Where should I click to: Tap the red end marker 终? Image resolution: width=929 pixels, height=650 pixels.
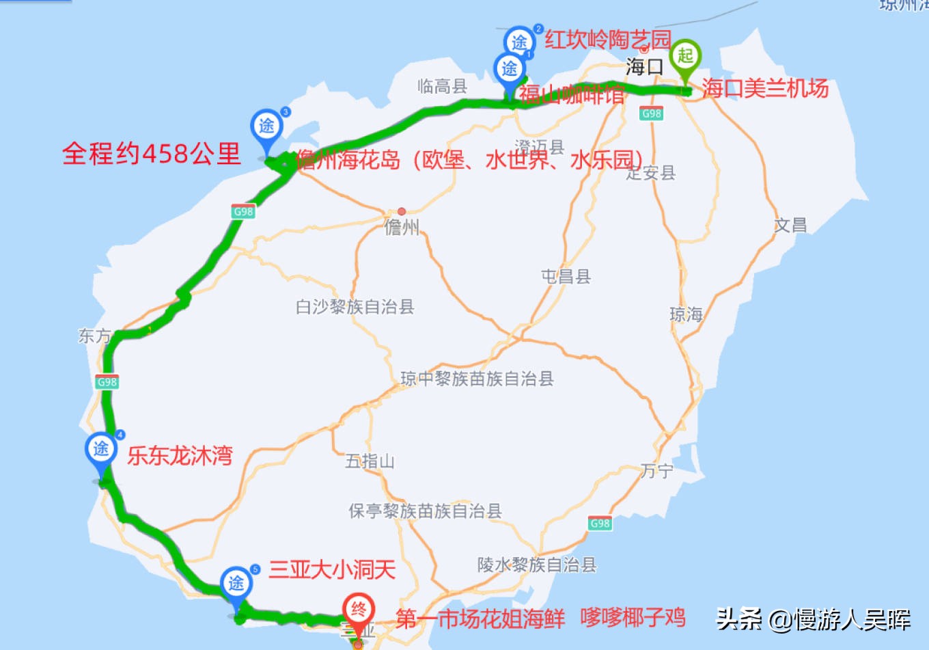pos(358,610)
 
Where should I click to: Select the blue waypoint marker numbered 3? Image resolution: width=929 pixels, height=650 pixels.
pos(266,127)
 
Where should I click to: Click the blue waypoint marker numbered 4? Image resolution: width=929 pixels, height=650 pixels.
pos(101,450)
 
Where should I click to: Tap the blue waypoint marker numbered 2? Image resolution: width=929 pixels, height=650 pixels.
pos(520,41)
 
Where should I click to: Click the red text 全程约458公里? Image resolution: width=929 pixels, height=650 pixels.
pos(152,153)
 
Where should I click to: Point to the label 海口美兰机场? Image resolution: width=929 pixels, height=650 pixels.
pos(765,88)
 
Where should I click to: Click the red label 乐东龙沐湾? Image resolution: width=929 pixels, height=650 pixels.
pos(180,455)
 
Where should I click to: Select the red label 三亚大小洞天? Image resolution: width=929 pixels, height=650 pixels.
pos(332,569)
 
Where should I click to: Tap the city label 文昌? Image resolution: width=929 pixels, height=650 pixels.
pos(790,225)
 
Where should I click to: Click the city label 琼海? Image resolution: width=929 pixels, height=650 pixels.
pos(686,314)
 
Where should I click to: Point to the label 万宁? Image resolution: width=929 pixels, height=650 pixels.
pos(656,471)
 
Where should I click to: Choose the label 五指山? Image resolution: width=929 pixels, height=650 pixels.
pos(370,461)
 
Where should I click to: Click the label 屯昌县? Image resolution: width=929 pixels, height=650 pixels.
pos(566,276)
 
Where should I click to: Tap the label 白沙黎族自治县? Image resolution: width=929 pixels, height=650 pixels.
pos(355,307)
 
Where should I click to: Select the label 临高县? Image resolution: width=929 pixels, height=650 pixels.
pos(442,86)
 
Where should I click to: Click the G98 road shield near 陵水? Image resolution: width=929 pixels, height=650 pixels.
pos(600,524)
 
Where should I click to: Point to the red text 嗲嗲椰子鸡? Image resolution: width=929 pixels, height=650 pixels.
pos(633,617)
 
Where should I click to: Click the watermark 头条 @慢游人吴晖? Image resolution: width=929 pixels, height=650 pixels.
pos(813,619)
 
